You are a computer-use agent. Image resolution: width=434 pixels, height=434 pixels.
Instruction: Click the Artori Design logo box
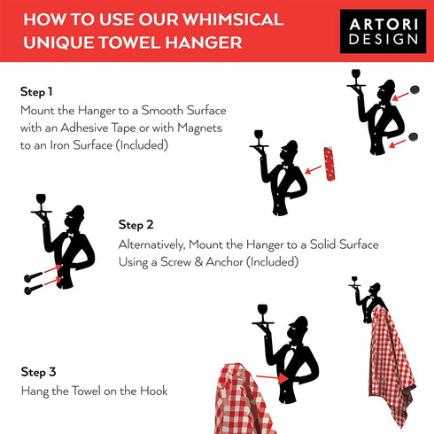pos(383,31)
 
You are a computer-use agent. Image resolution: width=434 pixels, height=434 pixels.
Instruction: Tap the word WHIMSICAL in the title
pos(233,19)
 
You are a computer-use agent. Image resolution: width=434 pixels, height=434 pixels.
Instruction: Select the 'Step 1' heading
pos(36,92)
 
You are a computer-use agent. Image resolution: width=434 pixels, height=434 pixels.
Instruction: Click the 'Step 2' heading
pos(136,225)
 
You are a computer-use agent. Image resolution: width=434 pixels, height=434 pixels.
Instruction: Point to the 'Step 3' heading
pos(38,372)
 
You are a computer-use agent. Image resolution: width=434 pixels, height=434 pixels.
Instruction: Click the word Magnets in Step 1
pos(199,128)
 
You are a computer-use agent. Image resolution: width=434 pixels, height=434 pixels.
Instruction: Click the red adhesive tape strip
pos(329,164)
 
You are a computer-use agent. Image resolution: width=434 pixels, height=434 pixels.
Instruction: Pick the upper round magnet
pos(415,89)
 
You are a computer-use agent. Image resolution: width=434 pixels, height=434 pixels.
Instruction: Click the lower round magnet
pos(413,137)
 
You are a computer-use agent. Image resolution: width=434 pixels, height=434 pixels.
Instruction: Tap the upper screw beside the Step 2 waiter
pos(33,276)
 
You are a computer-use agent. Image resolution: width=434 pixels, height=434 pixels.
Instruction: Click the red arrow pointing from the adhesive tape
pos(313,170)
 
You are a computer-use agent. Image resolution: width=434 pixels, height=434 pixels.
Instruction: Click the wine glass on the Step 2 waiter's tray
pos(41,201)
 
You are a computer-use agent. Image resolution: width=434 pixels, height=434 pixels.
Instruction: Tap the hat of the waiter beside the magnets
pos(387,84)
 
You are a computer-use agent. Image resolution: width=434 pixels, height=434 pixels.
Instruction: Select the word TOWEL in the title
pos(129,43)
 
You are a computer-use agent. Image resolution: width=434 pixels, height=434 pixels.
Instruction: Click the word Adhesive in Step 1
pos(84,128)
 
